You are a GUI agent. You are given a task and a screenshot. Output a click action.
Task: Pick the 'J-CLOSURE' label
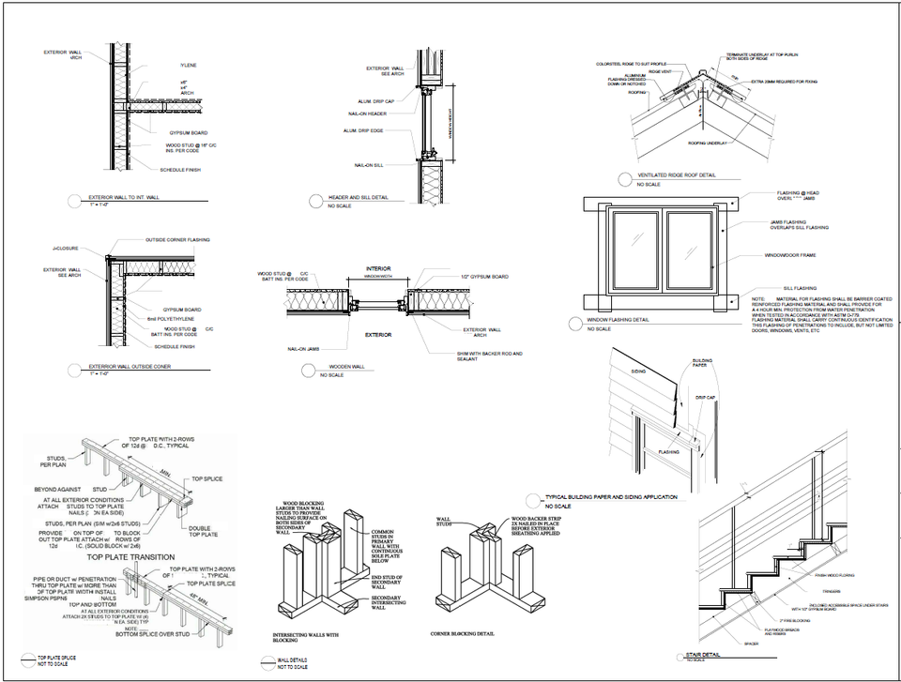coord(66,249)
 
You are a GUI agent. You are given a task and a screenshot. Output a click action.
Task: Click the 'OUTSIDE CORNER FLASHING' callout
coord(177,240)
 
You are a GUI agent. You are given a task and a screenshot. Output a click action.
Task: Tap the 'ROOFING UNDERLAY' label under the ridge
coord(710,143)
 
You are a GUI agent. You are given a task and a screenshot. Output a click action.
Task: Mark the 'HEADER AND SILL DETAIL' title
coord(358,198)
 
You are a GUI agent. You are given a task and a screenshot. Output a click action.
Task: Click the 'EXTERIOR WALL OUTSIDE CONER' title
coord(130,367)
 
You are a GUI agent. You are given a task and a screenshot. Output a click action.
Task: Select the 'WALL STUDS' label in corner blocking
coord(447,523)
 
